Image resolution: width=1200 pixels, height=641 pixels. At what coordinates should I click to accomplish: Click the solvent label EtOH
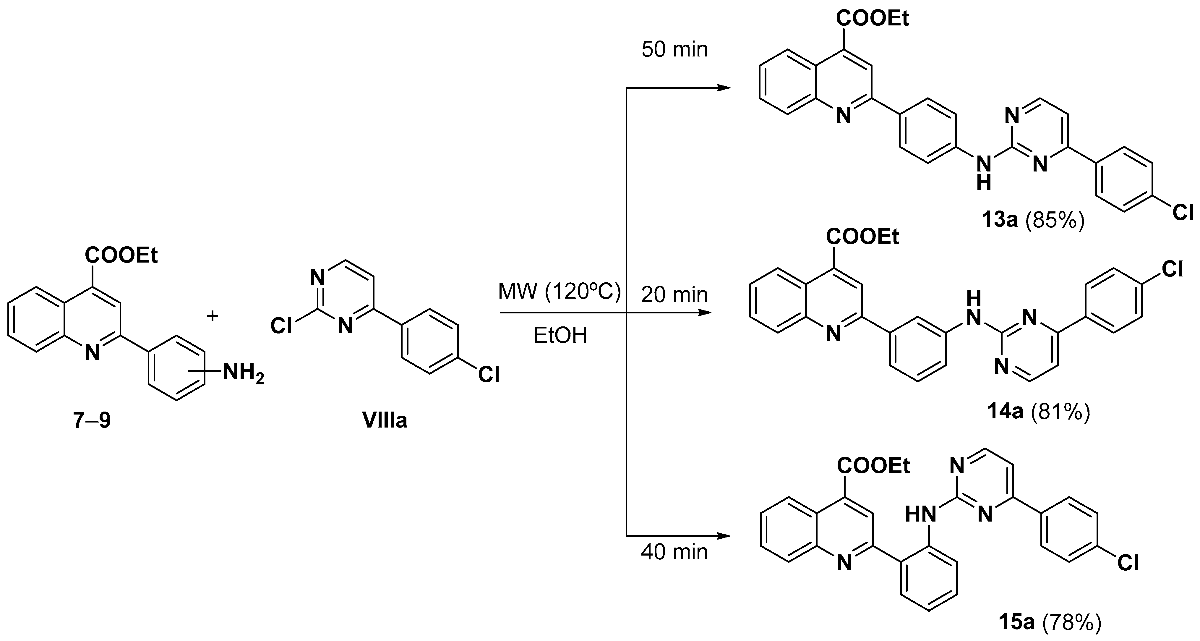[560, 335]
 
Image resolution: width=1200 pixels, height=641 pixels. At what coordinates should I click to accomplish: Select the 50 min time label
[674, 49]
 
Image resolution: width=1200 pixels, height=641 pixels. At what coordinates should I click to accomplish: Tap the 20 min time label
[674, 294]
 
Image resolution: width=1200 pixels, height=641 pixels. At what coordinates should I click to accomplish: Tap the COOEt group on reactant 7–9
[121, 255]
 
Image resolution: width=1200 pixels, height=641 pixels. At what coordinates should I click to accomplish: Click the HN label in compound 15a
[920, 515]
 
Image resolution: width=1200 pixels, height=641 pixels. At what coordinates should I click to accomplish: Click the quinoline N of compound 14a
[833, 334]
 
